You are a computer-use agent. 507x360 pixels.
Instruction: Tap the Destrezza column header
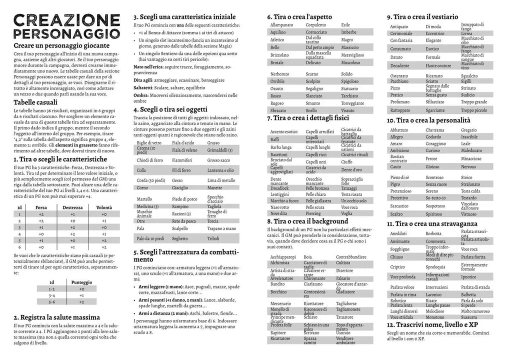pos(72,207)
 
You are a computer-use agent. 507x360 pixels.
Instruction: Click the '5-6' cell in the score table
pos(52,302)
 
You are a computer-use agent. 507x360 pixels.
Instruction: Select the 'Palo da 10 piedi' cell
pos(149,238)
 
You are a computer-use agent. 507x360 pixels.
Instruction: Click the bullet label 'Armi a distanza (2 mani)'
pos(165,313)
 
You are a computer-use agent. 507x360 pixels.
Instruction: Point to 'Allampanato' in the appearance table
pos(281,24)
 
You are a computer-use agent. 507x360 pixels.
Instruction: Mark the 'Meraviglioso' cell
pos(352,54)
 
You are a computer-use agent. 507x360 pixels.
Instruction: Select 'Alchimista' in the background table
pos(279,262)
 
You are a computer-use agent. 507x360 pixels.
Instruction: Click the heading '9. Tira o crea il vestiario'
pos(422,16)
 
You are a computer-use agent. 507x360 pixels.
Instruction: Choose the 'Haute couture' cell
pos(438,65)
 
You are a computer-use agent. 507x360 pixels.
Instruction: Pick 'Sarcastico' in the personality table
pos(399,205)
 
